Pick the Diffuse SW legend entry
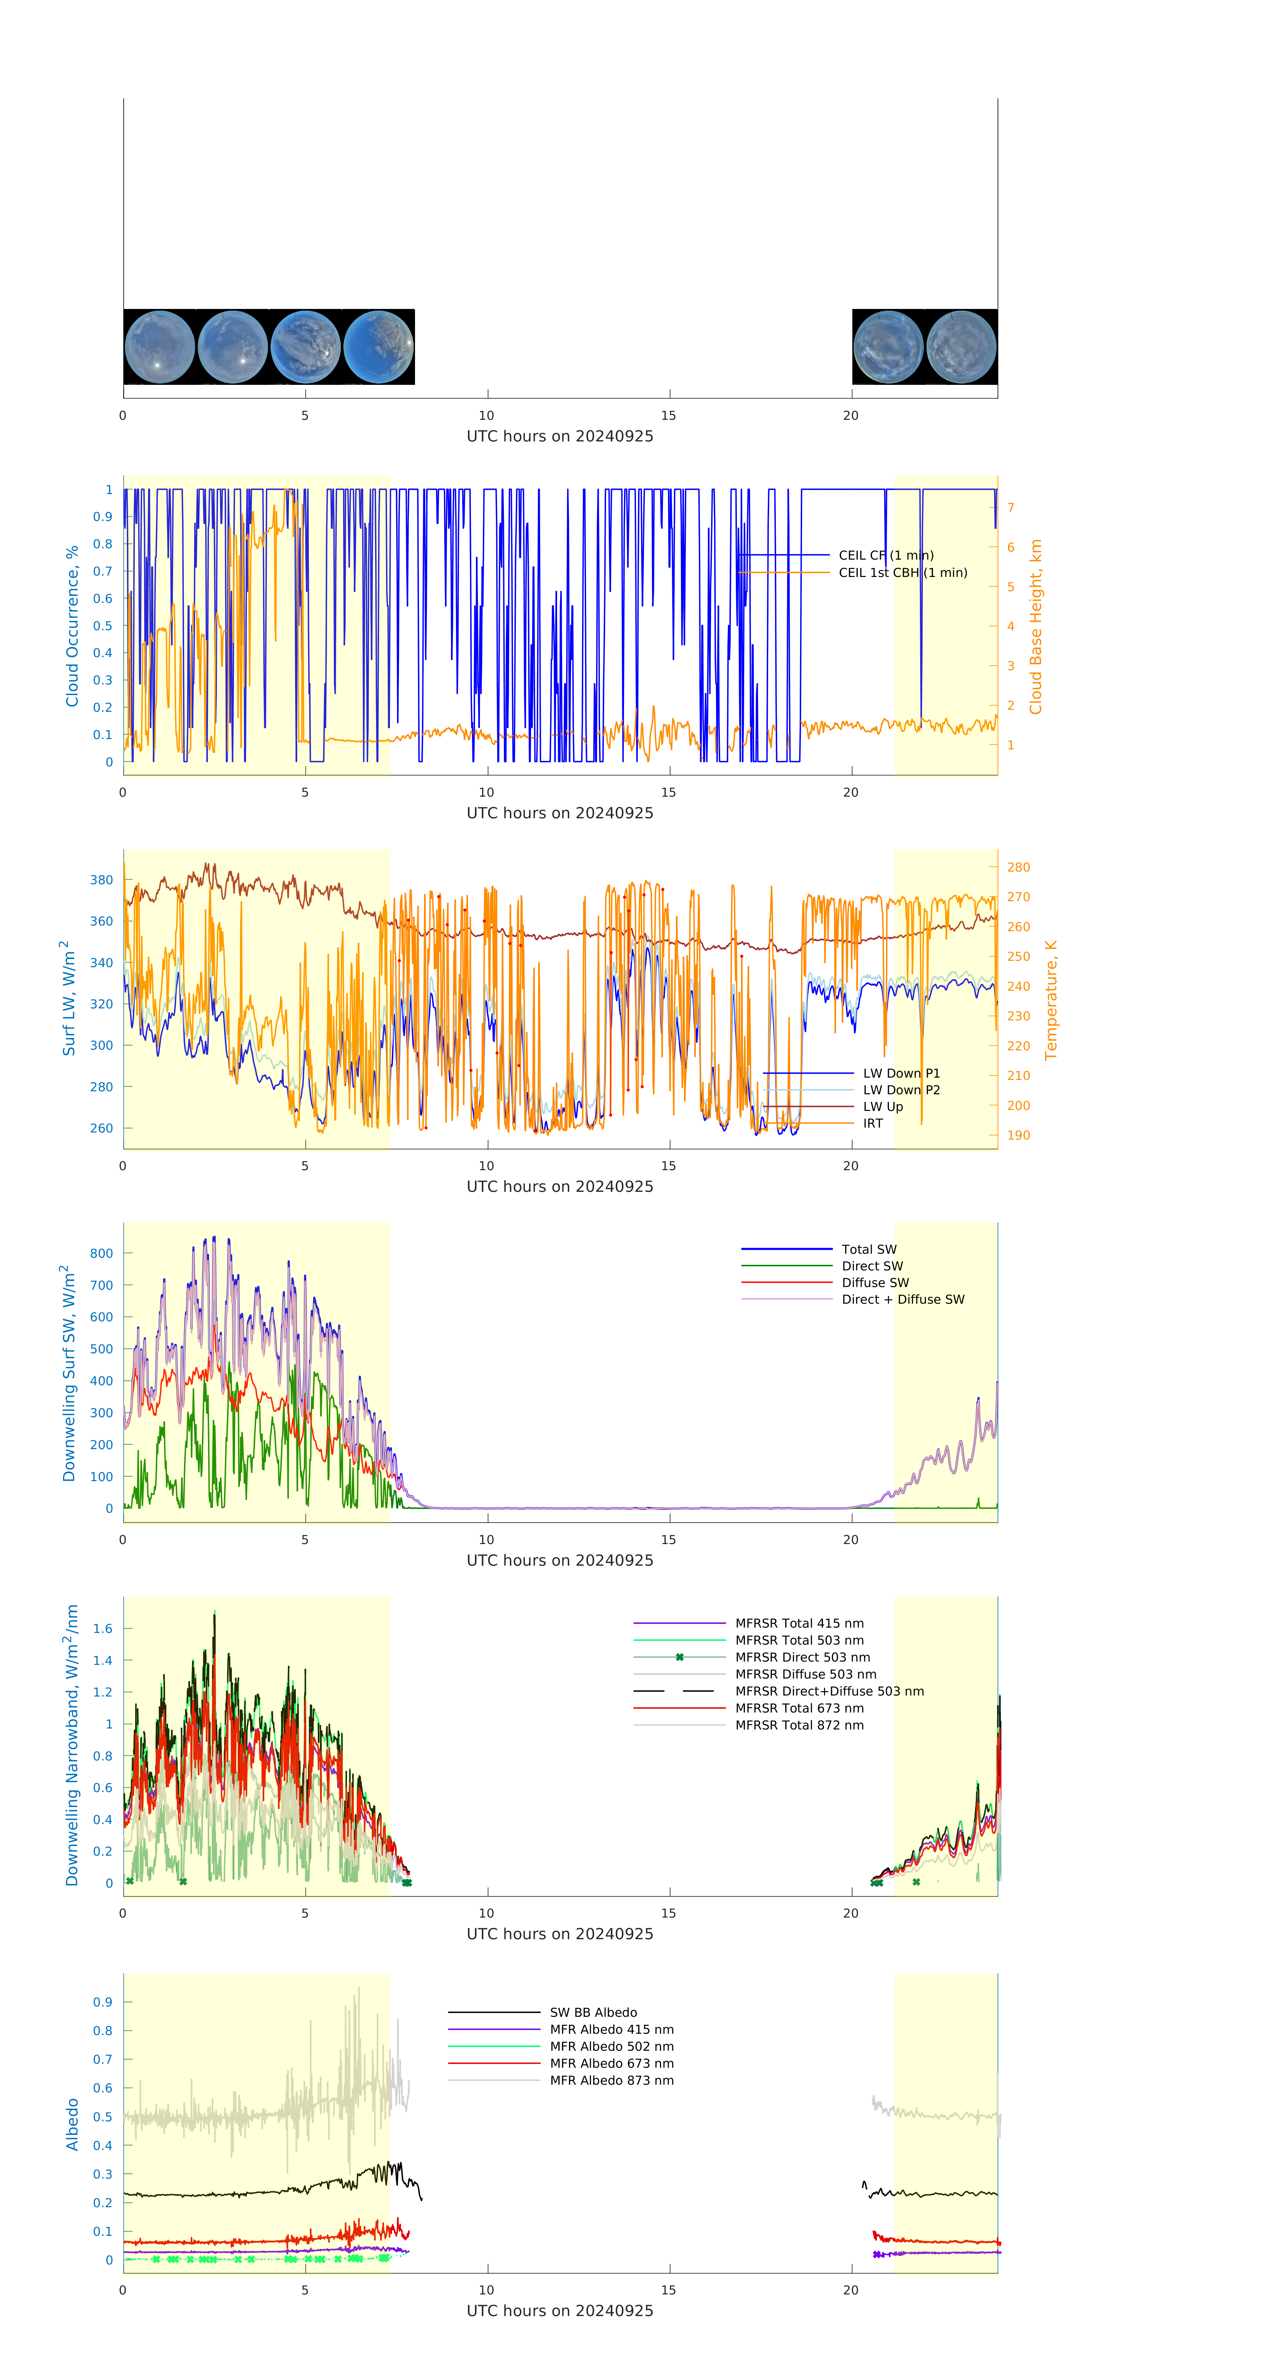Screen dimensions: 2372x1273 [874, 1283]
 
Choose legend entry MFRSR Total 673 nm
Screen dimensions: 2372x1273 [799, 1708]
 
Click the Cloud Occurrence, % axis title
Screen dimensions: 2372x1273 [72, 626]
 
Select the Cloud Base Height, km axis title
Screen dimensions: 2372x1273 [1035, 626]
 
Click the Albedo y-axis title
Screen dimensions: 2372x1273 [72, 2124]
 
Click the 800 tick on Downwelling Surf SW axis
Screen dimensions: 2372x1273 [101, 1253]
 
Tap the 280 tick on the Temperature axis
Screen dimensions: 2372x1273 [1018, 867]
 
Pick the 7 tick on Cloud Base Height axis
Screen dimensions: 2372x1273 [1011, 507]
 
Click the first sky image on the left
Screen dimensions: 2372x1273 [159, 347]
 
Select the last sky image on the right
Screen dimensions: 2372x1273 [961, 347]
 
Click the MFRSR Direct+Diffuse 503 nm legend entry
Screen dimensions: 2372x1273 [828, 1692]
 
